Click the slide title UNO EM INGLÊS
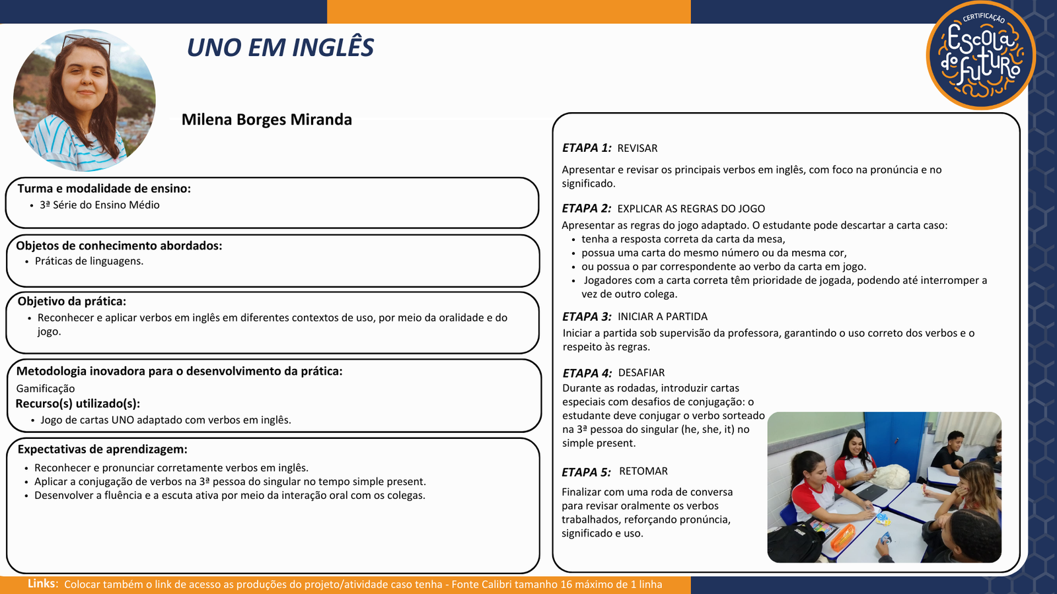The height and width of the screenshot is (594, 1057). point(280,48)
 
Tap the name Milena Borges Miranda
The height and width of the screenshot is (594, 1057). point(267,119)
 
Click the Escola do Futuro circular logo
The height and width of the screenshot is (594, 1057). point(980,55)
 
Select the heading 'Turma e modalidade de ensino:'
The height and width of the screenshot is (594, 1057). point(104,189)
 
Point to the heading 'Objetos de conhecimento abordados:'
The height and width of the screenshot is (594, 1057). point(119,246)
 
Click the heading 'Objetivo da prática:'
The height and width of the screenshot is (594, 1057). point(72,301)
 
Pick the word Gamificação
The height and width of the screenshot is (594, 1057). point(46,389)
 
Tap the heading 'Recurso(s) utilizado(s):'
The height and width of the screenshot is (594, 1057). point(78,404)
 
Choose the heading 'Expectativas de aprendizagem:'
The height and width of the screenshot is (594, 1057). point(102,449)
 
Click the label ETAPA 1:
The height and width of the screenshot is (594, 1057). point(587,148)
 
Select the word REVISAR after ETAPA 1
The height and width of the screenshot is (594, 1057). point(637,148)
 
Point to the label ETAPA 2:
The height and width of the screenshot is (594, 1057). point(587,209)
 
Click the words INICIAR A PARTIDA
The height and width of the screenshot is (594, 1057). point(663,317)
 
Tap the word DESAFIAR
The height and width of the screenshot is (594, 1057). point(641,373)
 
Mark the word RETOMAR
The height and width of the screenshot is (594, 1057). point(643,471)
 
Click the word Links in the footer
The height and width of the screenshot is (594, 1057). point(41,583)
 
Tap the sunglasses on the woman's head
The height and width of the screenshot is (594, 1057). point(87,43)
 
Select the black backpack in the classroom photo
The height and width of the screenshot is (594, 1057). point(797,543)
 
